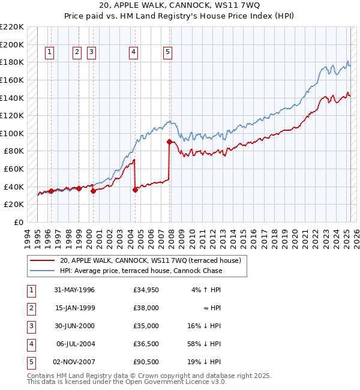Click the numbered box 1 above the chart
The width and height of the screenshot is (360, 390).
pyautogui.click(x=49, y=53)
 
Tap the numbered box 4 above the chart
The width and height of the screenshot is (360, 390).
pyautogui.click(x=133, y=53)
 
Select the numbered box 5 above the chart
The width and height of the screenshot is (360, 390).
pyautogui.click(x=167, y=53)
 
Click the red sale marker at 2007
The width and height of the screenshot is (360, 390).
pyautogui.click(x=169, y=142)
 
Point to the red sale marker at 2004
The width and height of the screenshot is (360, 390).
pyautogui.click(x=135, y=190)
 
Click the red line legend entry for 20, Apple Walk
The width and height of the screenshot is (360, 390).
pyautogui.click(x=150, y=260)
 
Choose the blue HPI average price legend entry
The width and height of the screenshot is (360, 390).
pyautogui.click(x=140, y=271)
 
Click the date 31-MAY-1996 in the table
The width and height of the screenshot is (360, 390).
pyautogui.click(x=74, y=290)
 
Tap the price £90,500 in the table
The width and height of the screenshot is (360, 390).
pyautogui.click(x=146, y=362)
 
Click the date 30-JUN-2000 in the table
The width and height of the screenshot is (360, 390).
pyautogui.click(x=74, y=326)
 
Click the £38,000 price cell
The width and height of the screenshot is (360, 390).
pyautogui.click(x=146, y=308)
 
